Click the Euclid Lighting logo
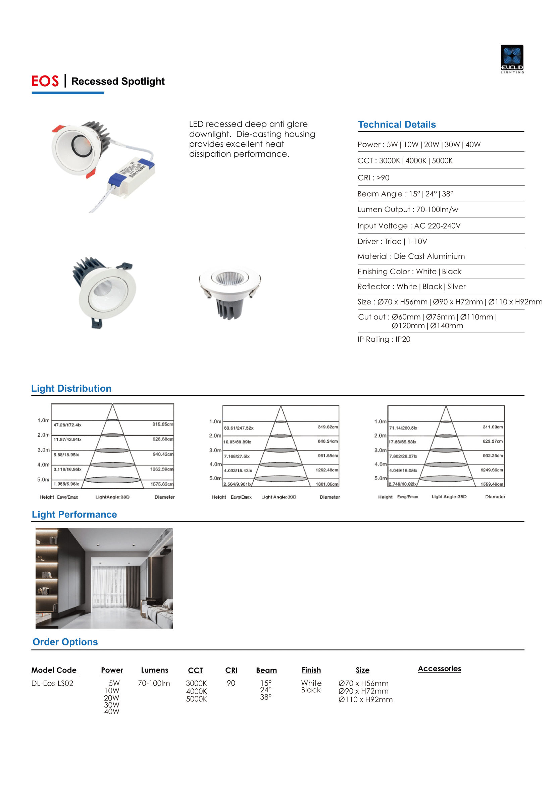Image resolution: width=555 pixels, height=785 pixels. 512,58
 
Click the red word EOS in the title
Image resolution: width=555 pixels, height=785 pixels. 45,81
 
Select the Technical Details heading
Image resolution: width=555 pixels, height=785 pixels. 397,125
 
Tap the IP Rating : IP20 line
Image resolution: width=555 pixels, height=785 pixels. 384,339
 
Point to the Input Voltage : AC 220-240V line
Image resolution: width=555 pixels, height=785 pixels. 409,226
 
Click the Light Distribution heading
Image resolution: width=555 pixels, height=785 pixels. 71,388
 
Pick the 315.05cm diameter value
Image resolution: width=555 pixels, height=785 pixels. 163,424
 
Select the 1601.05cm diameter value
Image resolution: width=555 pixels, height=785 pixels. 327,484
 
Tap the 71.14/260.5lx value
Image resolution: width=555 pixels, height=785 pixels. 403,428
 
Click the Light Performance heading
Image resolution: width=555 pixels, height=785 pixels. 74,514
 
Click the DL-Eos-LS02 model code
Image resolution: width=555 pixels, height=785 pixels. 52,683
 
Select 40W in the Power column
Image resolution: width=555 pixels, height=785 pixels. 112,712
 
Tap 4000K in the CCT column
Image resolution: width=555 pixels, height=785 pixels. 196,691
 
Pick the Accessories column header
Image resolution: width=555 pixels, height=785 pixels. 439,669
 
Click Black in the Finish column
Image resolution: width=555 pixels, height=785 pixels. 311,690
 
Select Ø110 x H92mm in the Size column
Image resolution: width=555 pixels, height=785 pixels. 365,699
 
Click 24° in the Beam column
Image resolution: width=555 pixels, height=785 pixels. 266,690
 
